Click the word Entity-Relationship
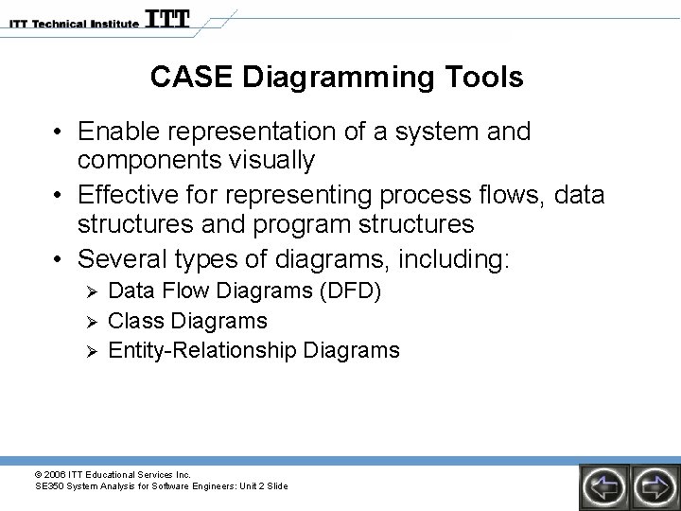click(x=202, y=350)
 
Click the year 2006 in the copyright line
click(x=56, y=474)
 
